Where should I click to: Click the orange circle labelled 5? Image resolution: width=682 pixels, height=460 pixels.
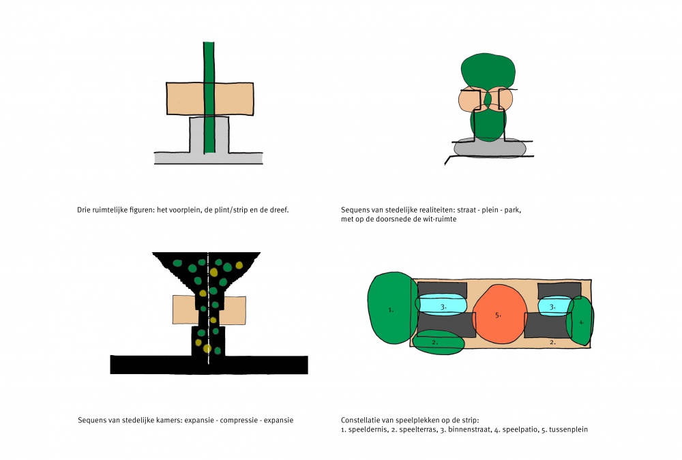pos(499,314)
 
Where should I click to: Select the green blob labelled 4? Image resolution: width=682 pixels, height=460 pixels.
pos(580,321)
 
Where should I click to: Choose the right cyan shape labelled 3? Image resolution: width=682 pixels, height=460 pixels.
pos(555,306)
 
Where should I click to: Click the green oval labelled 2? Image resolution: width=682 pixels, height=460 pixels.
pos(438,342)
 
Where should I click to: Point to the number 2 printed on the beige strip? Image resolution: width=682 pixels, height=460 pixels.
pos(552,343)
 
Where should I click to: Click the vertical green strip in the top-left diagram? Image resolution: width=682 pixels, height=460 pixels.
pos(209,97)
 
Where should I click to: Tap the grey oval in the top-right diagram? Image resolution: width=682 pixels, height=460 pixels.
pos(490,148)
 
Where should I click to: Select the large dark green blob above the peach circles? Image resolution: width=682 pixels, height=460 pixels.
pos(488,71)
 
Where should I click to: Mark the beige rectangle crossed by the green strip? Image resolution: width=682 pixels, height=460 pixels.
pos(209,99)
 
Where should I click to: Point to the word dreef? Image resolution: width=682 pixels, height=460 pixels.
pos(278,210)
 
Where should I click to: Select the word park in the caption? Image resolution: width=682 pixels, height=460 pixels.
pos(512,210)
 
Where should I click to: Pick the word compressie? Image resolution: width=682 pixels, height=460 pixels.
pos(239,420)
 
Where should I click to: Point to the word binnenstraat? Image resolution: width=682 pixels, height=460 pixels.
pos(469,429)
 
